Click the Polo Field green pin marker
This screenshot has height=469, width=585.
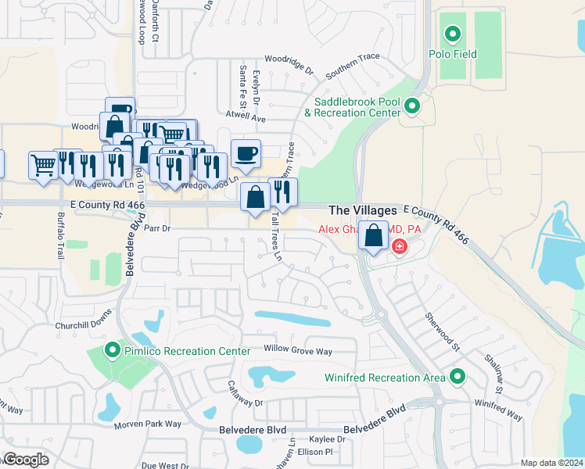451,34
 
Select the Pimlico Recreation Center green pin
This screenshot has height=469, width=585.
113,351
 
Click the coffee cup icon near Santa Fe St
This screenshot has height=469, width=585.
246,153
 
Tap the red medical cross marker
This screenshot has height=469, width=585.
399,247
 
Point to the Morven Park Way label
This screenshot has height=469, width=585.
148,424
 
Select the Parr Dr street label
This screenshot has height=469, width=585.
156,228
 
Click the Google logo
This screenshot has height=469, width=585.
25,459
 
